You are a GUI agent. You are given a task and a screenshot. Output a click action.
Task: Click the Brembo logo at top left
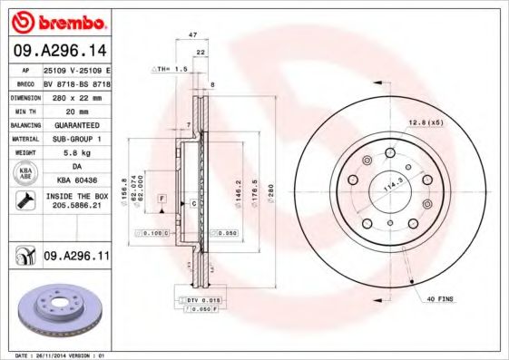pyautogui.click(x=57, y=21)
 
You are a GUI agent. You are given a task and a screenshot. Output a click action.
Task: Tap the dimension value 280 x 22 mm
pyautogui.click(x=76, y=95)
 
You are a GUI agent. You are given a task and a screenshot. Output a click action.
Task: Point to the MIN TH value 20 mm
pyautogui.click(x=76, y=110)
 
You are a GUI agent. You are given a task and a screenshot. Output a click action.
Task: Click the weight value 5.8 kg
pyautogui.click(x=76, y=152)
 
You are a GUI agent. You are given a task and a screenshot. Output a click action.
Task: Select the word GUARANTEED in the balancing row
pyautogui.click(x=76, y=124)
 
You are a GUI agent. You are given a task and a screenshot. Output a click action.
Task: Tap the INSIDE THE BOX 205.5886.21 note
pyautogui.click(x=76, y=200)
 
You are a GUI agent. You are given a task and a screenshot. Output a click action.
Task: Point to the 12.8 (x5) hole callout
pyautogui.click(x=426, y=122)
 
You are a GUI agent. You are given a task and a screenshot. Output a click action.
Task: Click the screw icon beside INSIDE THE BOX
pyautogui.click(x=24, y=200)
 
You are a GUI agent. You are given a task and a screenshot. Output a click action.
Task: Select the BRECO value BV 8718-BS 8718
pyautogui.click(x=76, y=82)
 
